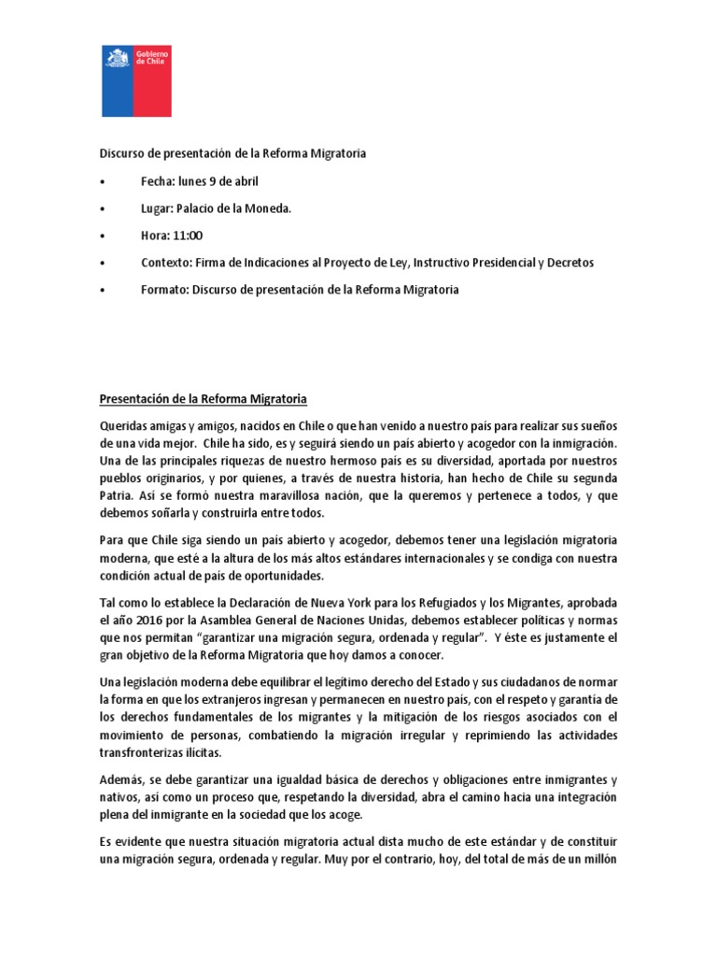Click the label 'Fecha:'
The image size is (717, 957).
click(x=158, y=181)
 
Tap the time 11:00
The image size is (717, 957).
click(x=187, y=236)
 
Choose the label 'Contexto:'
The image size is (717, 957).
click(x=167, y=263)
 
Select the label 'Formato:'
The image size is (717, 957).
click(x=165, y=290)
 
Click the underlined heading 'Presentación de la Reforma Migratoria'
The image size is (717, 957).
click(x=204, y=399)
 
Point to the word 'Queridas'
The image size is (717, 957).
click(x=123, y=426)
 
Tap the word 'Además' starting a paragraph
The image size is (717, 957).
click(x=122, y=779)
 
